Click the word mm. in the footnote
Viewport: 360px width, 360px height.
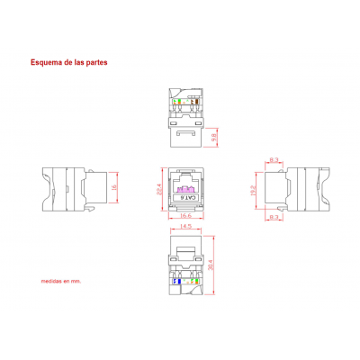(77, 281)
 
